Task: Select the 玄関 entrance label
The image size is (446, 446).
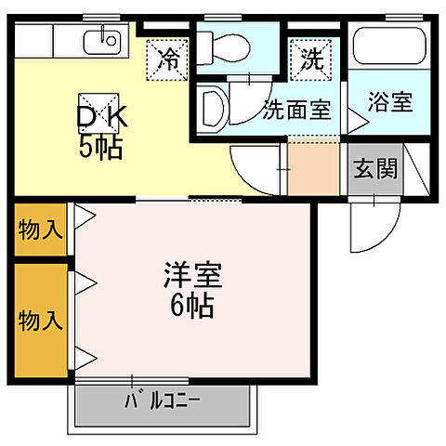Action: coord(375,168)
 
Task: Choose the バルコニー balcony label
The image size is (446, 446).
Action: coord(163,402)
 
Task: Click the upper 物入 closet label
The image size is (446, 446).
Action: coord(40,230)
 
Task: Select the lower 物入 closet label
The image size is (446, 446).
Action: coord(40,321)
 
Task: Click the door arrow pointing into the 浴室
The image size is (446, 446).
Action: coord(354,118)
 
